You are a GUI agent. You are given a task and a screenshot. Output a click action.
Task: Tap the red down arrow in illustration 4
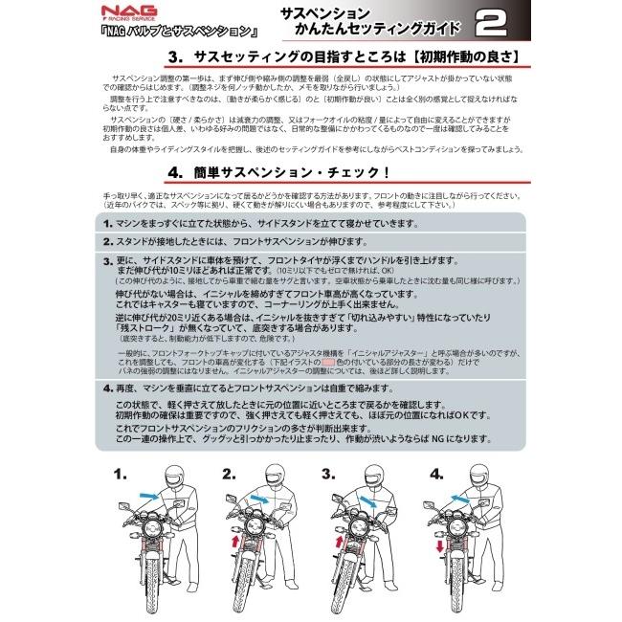tap(438, 546)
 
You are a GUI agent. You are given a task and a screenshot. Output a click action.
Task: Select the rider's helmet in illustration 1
tap(174, 477)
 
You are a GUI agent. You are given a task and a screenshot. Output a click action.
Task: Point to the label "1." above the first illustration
tap(120, 474)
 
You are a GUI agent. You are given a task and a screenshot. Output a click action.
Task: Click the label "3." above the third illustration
tap(327, 474)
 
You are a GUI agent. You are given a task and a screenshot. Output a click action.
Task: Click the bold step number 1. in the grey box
tap(108, 223)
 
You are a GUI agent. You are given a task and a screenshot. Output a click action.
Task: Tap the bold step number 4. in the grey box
tap(108, 389)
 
